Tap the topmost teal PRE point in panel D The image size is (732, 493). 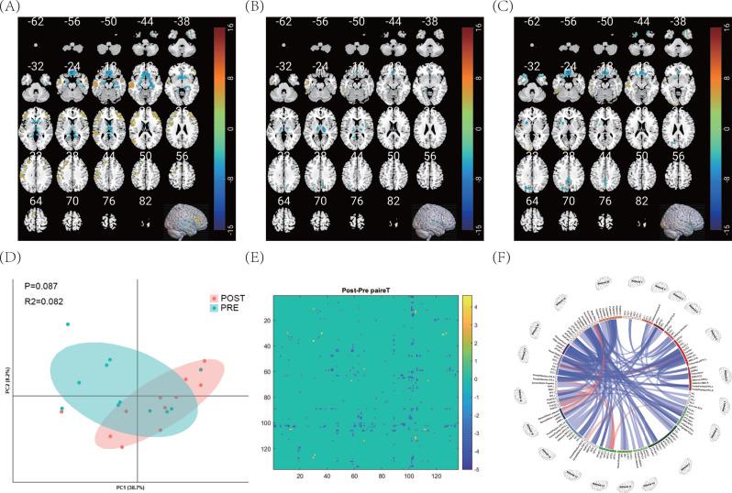68,324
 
